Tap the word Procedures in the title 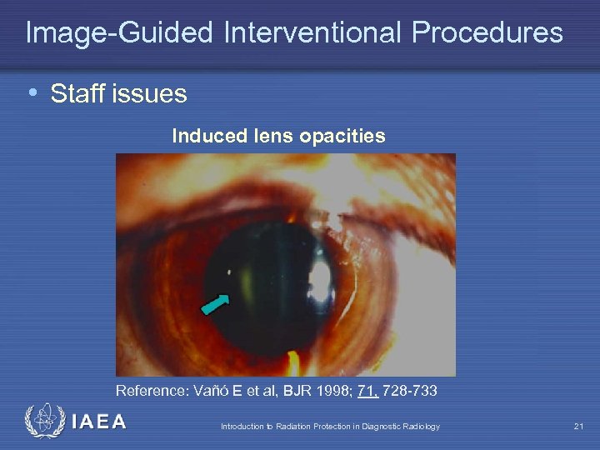(487, 33)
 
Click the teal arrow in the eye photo (217, 305)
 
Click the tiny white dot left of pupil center (231, 270)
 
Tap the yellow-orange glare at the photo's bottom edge (292, 363)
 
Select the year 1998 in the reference (336, 391)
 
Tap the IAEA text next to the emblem (99, 422)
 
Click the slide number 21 (578, 427)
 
